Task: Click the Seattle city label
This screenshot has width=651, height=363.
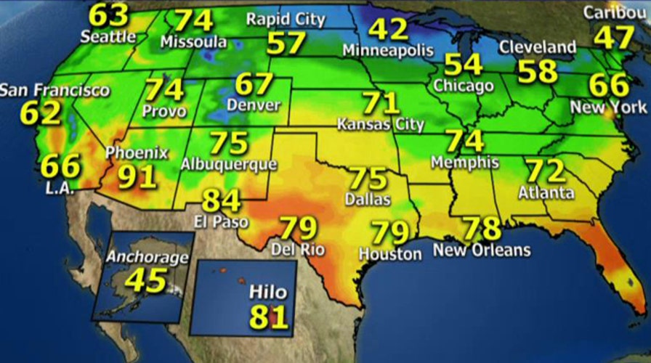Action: tap(108, 36)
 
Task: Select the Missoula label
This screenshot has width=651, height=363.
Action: tap(193, 41)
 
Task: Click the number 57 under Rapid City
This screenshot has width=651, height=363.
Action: tap(286, 43)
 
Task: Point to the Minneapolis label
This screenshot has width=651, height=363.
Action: tap(388, 51)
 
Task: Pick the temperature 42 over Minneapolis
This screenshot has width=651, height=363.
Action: tap(388, 29)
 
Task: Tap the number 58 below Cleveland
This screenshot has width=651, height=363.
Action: tap(538, 71)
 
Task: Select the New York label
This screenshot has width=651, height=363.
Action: tap(608, 107)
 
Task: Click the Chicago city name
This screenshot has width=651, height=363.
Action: tap(463, 86)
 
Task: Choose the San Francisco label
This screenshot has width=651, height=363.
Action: tap(54, 91)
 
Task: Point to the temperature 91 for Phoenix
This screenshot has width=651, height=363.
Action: tap(137, 176)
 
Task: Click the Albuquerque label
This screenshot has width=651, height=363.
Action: tap(229, 164)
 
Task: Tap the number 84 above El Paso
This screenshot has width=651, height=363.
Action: tap(222, 200)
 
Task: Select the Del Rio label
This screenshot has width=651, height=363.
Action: tap(298, 250)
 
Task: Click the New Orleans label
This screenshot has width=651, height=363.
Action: tap(482, 250)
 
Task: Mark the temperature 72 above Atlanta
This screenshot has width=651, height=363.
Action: tap(546, 171)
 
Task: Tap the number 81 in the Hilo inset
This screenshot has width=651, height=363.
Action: tap(269, 317)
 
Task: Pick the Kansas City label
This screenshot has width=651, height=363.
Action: tap(380, 124)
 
